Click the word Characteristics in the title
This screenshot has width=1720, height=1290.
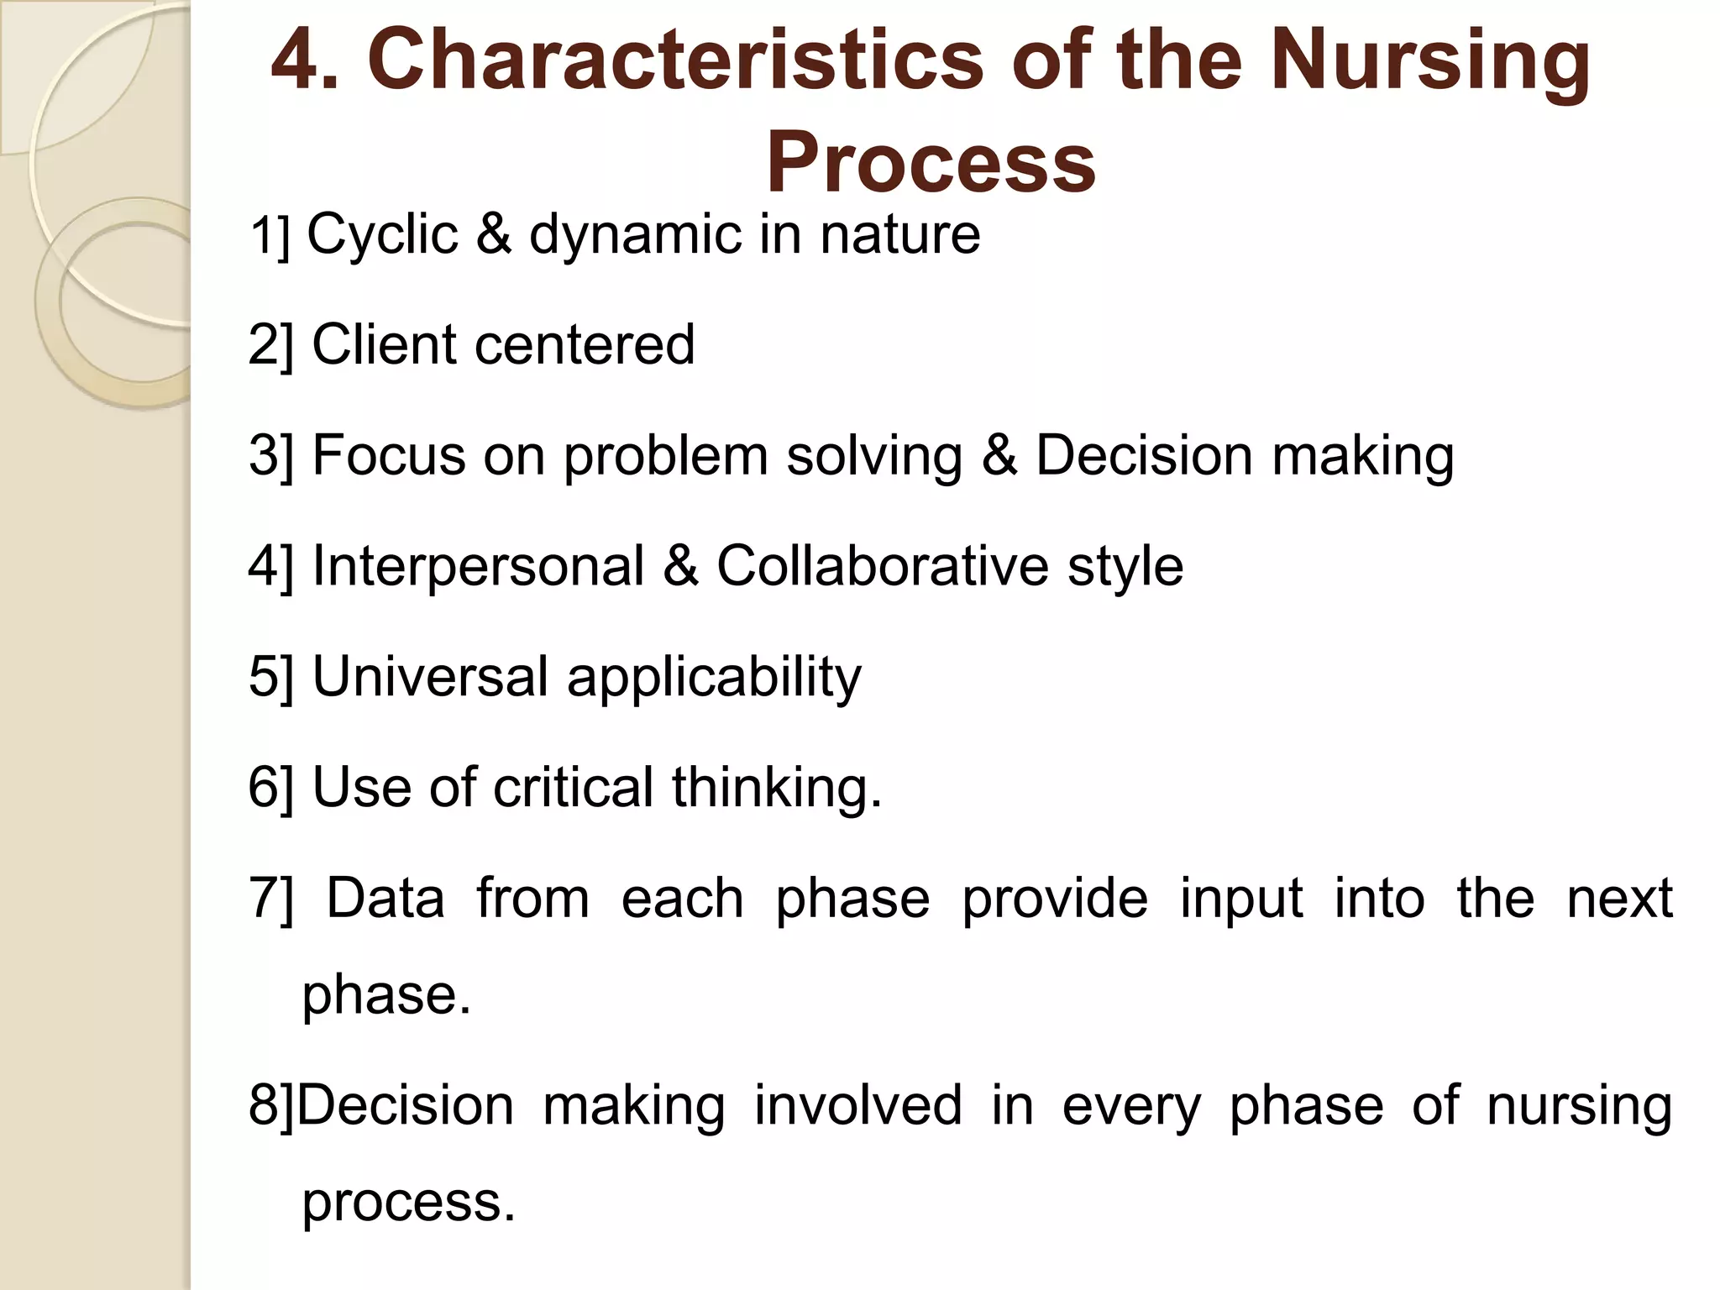pos(675,60)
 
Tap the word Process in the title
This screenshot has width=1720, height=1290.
pos(931,161)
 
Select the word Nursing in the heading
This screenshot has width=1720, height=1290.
pos(1430,60)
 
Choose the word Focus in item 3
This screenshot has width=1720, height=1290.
pos(388,455)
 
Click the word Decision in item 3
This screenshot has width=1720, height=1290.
pos(1143,455)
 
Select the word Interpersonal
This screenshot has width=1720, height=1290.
pos(478,566)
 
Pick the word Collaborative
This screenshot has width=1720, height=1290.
pos(882,566)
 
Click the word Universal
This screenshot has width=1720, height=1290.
pos(430,676)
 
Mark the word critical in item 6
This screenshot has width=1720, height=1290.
pos(573,787)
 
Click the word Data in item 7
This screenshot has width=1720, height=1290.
pos(385,898)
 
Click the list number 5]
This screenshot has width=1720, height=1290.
pos(270,677)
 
